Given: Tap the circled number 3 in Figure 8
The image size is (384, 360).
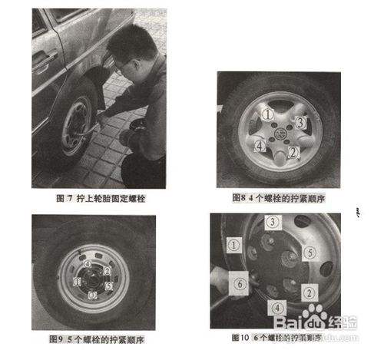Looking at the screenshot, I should point(302,122).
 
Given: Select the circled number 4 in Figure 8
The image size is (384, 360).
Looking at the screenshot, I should point(261,145).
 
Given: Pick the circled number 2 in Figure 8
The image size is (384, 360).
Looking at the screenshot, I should point(293,152).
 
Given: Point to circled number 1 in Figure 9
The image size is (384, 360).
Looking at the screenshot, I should point(78,281).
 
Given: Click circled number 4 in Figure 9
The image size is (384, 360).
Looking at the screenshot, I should point(88,266).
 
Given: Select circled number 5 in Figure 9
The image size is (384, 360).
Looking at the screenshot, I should point(108,286).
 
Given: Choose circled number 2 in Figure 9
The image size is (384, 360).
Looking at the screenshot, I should point(107,270).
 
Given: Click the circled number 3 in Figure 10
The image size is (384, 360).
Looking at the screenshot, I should point(273,223).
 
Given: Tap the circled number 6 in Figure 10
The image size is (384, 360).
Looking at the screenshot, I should point(240,283).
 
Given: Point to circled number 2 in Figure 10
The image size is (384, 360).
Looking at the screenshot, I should point(307,291).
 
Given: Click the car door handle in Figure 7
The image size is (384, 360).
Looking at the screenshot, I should point(48,56).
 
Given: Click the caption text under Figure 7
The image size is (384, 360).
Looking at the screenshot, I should point(99,198).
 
